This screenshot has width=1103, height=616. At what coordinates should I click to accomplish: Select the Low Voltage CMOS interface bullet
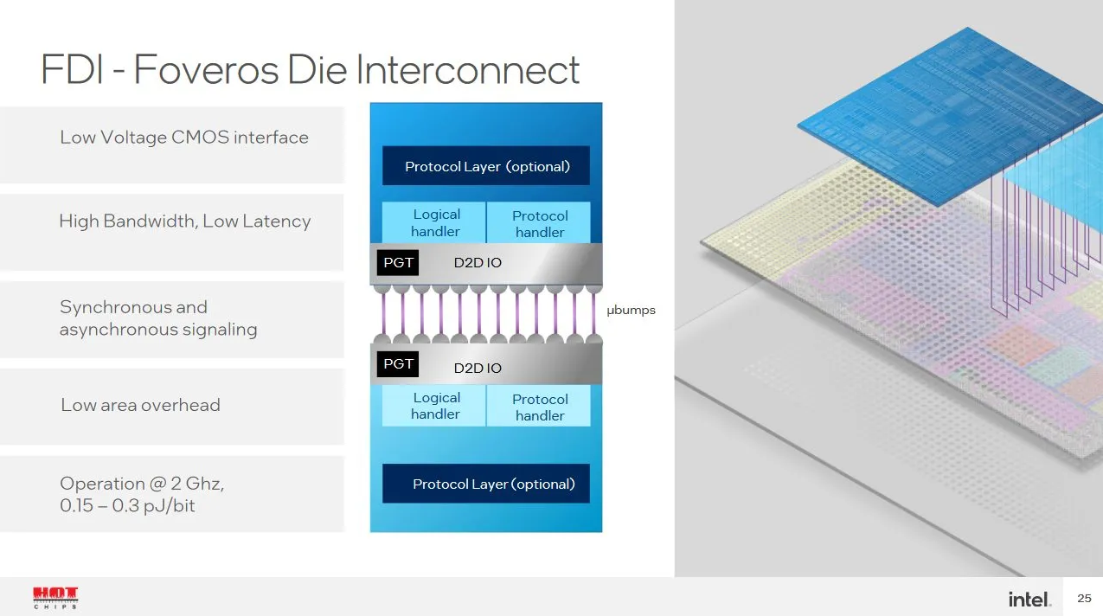coord(183,138)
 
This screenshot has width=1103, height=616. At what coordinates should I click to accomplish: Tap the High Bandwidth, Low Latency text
coord(184,221)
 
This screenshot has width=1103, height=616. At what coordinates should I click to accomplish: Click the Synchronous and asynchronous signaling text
coord(158,318)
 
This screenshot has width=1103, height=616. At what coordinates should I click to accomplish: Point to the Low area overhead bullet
coord(140,405)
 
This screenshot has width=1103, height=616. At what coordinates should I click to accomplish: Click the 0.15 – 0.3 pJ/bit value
coord(127,506)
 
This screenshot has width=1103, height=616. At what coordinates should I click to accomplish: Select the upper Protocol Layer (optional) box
coord(486,166)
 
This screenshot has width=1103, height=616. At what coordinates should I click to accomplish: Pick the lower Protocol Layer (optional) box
coord(486,484)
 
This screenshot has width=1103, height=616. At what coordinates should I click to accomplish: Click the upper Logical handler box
coord(435,223)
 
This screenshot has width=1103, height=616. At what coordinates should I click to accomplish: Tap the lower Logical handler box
coord(435,406)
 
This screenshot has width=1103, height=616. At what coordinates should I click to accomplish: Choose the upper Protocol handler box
coord(539,224)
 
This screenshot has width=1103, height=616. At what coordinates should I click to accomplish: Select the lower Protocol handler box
coord(539,407)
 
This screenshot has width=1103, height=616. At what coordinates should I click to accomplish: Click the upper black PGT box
coord(398,263)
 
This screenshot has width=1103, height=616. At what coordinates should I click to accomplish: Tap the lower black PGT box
coord(398,364)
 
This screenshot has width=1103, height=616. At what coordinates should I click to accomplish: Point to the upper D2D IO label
coord(478,263)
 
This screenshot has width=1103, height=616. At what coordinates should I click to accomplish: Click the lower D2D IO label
coord(478,369)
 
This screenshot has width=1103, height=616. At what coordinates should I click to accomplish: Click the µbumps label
coord(631,311)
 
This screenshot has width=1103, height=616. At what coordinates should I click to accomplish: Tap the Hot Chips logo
coord(55,597)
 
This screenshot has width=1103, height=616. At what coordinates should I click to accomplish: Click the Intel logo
coord(1029,599)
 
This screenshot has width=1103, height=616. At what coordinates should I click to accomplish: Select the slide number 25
coord(1084,599)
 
